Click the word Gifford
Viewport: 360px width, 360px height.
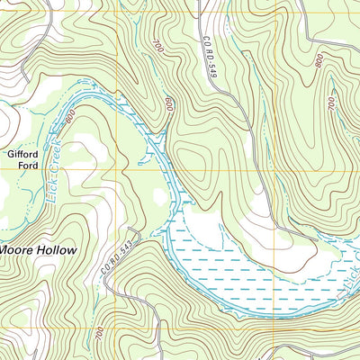coord(23,154)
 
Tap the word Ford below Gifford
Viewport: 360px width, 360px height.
coord(23,166)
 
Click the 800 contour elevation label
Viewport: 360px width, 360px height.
coord(319,60)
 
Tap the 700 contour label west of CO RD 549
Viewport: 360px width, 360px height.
coord(159,46)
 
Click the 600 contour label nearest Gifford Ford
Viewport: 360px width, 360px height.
coord(69,115)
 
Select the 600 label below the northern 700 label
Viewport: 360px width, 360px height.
coord(168,104)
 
